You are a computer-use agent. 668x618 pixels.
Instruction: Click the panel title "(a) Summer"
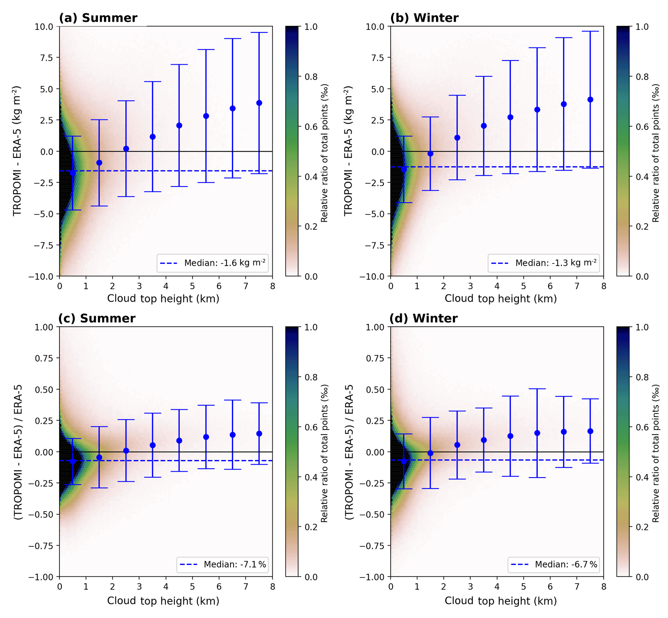98,18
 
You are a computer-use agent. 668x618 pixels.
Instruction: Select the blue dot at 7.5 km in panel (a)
259,103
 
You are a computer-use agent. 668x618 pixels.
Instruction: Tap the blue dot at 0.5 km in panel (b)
404,170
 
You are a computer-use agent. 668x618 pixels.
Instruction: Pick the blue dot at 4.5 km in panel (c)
179,441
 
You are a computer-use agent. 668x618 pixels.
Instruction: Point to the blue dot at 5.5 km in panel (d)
537,433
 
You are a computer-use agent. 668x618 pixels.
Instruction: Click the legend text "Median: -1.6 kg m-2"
225,263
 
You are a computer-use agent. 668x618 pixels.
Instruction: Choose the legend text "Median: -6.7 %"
566,564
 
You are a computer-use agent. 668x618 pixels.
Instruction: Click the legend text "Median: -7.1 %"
235,564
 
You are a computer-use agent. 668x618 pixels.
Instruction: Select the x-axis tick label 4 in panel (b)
497,286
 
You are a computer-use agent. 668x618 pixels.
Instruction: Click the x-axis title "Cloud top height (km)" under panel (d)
500,601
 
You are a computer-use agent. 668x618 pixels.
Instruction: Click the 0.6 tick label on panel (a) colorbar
311,127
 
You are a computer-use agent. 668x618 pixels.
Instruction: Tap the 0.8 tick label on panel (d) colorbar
642,377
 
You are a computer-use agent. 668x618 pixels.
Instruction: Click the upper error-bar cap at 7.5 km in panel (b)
590,31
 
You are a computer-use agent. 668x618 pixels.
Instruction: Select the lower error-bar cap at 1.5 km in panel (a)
99,206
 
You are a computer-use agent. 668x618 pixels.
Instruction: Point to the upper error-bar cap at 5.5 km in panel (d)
537,389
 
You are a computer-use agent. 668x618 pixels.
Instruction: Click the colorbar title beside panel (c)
324,453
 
